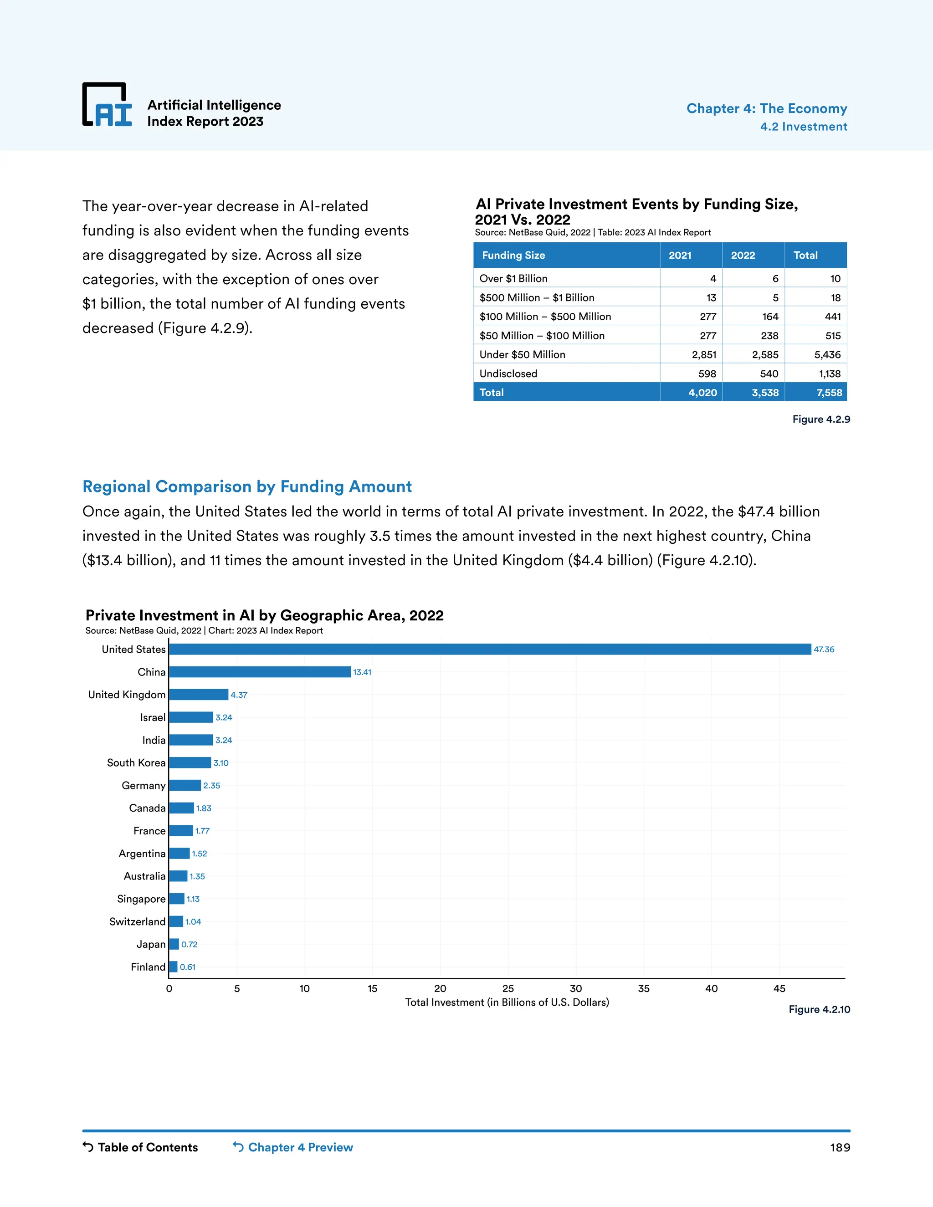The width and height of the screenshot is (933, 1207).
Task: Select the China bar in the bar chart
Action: pos(260,671)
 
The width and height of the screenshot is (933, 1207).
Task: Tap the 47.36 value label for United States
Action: pos(824,650)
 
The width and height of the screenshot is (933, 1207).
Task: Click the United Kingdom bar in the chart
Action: pos(199,695)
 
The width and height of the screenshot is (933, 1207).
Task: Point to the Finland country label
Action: pos(148,967)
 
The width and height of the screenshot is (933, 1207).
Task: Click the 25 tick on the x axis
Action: pos(508,988)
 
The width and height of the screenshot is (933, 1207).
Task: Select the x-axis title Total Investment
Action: pos(507,1002)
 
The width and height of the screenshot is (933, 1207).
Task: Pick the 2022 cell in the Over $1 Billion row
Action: pos(754,279)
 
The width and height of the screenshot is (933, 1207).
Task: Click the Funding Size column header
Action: pos(513,256)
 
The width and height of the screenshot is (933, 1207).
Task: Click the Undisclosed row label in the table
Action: pos(508,373)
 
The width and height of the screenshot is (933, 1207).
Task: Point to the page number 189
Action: pos(840,1147)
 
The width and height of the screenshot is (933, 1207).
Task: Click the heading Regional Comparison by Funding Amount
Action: pos(247,486)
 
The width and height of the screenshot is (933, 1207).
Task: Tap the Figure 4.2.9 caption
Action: pos(821,419)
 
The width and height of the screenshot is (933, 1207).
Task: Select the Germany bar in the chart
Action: pos(185,785)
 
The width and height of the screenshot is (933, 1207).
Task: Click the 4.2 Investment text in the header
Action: pos(803,127)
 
